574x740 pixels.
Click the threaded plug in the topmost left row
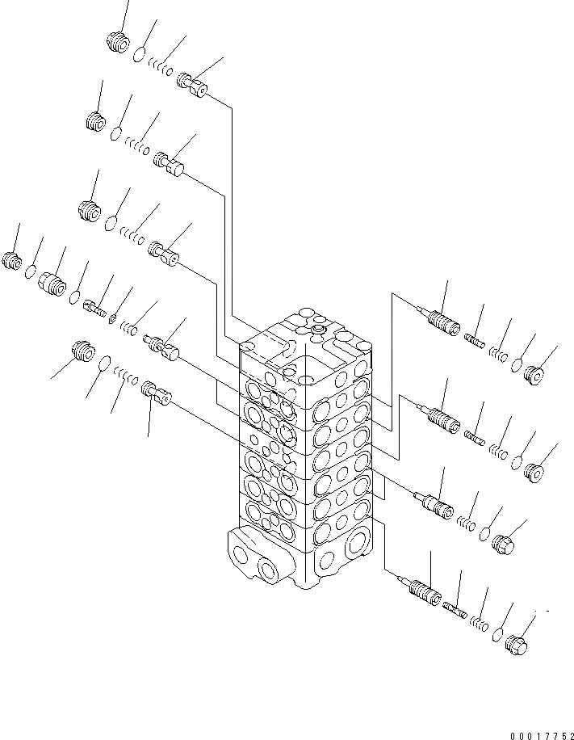tap(119, 43)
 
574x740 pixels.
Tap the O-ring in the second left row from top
tap(116, 133)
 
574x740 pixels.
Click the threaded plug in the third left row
tap(89, 212)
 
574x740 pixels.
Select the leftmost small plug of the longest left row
tap(12, 261)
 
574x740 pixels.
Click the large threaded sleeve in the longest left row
tap(51, 283)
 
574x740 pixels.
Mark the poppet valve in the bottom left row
tap(156, 395)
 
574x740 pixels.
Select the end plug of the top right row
tap(534, 373)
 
